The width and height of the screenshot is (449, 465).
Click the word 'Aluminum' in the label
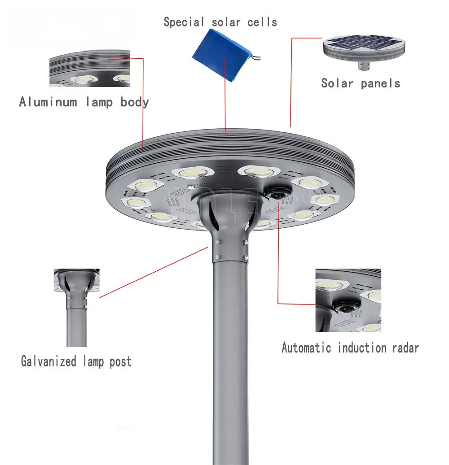pos(48,102)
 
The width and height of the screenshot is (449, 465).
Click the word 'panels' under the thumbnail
pos(379,83)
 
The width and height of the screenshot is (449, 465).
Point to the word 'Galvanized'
pos(48,361)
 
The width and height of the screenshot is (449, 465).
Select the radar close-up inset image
pos(348,300)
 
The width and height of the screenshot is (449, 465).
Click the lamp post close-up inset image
pos(76,308)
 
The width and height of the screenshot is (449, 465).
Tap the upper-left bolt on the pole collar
pos(217,243)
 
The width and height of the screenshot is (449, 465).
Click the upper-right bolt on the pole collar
pos(246,243)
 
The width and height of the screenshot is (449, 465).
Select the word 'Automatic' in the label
pos(306,348)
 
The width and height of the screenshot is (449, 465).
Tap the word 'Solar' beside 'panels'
pos(337,83)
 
